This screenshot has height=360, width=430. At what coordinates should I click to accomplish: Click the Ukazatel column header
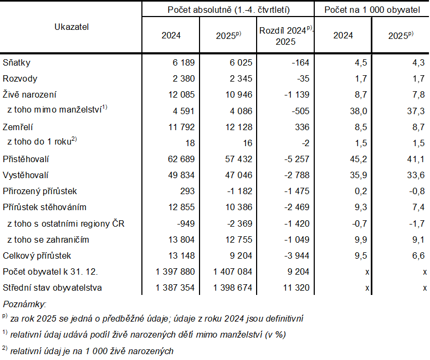coord(71,27)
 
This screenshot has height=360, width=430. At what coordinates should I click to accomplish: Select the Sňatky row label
coord(17,63)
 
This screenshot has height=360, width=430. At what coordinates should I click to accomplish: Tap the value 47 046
coord(237,175)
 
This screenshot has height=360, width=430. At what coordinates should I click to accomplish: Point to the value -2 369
coord(240,223)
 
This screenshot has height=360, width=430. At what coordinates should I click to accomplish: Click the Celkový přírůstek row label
coord(36,255)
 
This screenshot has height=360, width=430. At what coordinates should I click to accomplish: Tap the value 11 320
coord(295,287)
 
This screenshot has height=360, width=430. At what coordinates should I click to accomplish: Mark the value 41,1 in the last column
coord(416,159)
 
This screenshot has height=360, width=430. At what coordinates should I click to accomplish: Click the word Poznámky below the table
coord(25,304)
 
